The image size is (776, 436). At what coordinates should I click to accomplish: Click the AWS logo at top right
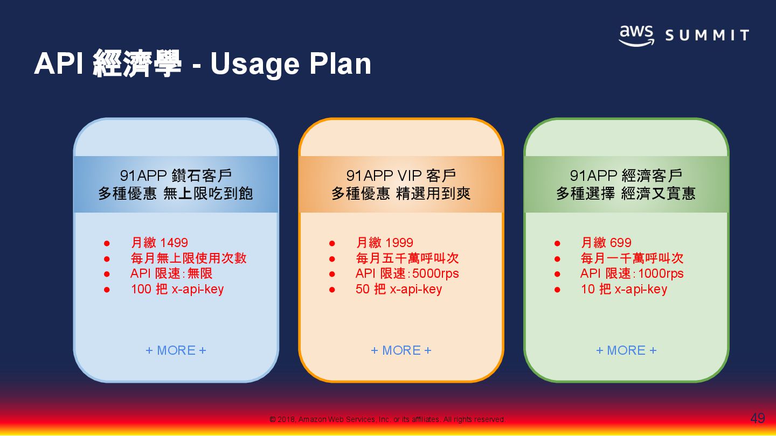click(636, 36)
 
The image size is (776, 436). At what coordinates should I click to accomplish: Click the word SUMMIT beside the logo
click(707, 36)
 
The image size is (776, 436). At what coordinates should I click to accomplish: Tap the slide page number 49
click(757, 418)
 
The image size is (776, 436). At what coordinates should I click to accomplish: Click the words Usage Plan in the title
click(290, 64)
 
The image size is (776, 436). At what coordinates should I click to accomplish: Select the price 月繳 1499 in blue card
click(159, 243)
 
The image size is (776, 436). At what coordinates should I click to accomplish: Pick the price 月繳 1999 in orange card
click(384, 243)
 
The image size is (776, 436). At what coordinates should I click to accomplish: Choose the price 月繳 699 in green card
click(606, 243)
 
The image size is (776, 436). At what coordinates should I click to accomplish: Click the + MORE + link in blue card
click(176, 350)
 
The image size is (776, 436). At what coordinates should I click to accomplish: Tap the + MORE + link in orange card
click(401, 350)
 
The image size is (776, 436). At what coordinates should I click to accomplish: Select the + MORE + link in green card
click(626, 350)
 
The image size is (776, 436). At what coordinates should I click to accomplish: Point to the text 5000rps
click(435, 274)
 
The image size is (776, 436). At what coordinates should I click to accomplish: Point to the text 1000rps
click(660, 274)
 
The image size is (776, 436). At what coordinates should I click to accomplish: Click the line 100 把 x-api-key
click(177, 289)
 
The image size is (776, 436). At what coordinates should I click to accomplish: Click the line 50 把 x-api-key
click(398, 289)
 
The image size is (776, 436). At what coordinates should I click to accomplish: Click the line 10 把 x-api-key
click(623, 289)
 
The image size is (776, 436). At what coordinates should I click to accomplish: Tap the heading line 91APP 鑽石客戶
click(176, 175)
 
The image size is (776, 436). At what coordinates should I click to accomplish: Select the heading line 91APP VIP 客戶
click(401, 175)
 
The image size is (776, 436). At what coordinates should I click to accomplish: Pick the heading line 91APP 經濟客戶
click(626, 175)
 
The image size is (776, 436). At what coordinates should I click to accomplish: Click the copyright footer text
click(387, 419)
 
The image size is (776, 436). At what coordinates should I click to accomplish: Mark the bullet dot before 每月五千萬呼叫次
click(332, 259)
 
